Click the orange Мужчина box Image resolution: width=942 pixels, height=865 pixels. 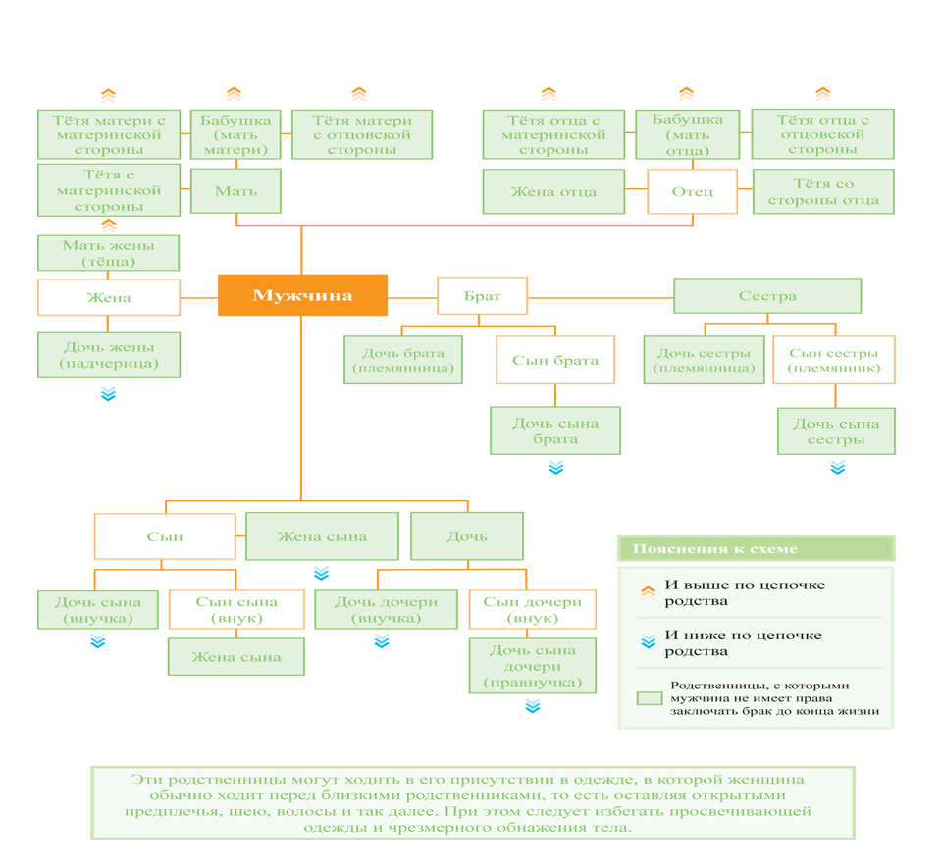(x=302, y=295)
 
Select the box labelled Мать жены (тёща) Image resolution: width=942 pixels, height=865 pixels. (x=108, y=253)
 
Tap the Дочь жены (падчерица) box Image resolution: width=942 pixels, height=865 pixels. (x=109, y=355)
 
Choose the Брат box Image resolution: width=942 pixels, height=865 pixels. (x=483, y=295)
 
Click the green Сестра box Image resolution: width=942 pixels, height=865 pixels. (x=767, y=295)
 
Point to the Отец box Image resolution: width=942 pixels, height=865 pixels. (x=692, y=191)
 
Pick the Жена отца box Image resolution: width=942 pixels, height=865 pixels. (x=553, y=191)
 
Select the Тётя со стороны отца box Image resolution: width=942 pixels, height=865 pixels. (x=823, y=191)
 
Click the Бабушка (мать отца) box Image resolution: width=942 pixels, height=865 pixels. (x=687, y=134)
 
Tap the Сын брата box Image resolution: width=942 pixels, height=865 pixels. (x=555, y=360)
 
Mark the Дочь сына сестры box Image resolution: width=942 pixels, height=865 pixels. (x=836, y=431)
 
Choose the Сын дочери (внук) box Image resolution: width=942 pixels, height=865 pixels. (x=532, y=609)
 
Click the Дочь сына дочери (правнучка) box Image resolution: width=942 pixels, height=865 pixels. (x=532, y=666)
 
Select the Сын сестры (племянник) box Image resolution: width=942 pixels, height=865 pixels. (x=834, y=360)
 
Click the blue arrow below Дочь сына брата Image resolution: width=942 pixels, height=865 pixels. (x=556, y=468)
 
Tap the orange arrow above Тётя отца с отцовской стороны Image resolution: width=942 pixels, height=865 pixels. (x=822, y=93)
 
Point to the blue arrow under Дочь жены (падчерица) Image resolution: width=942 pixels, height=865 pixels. (x=108, y=394)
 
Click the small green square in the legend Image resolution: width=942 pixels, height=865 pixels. (x=650, y=698)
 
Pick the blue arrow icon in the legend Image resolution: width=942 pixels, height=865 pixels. (x=649, y=641)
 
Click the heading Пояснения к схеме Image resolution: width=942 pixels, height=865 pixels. (x=715, y=548)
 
